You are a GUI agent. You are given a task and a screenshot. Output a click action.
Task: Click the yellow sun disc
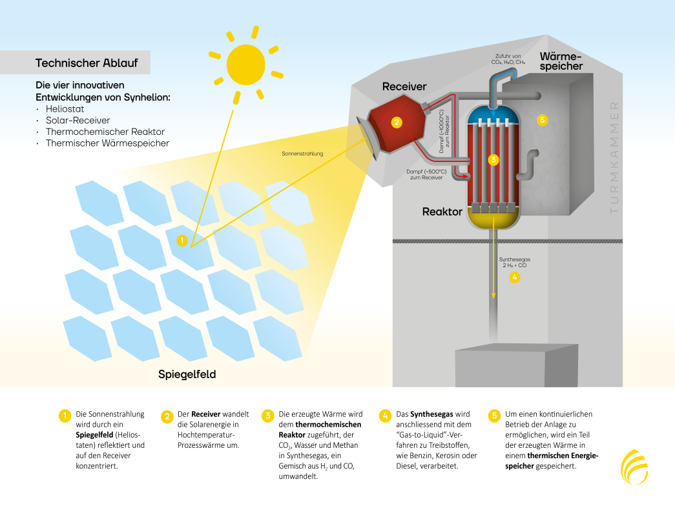coord(246,65)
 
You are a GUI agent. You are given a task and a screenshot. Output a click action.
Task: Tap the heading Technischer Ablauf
coord(87,63)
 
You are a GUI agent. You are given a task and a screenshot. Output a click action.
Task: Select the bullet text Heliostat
coord(65,109)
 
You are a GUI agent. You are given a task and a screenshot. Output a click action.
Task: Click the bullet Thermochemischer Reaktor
coord(105,132)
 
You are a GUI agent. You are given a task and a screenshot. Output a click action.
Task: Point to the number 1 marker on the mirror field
coord(182,240)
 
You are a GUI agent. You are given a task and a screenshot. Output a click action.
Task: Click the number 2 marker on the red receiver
coord(397,122)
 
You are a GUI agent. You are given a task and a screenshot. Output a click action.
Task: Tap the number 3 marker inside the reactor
coord(493,159)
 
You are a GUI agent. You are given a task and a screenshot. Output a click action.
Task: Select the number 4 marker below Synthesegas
coord(514,278)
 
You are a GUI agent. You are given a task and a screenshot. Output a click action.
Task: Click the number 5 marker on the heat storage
coord(543,120)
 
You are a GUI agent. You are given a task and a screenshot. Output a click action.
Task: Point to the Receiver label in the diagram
coord(404,86)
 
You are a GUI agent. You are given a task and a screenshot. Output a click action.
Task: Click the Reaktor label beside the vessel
coord(442,212)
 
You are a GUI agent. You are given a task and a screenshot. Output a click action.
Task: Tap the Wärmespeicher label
coord(561,61)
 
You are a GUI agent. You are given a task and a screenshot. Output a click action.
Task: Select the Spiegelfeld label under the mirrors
coord(187,374)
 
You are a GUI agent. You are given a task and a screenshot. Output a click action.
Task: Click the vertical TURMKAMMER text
coord(614,157)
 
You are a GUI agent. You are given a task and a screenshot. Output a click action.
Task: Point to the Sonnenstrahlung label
coord(302,154)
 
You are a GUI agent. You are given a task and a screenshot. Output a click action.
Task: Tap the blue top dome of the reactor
coord(493,114)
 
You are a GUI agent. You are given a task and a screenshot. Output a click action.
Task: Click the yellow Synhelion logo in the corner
coord(634,467)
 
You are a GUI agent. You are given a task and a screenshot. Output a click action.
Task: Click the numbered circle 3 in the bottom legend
coord(268,416)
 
